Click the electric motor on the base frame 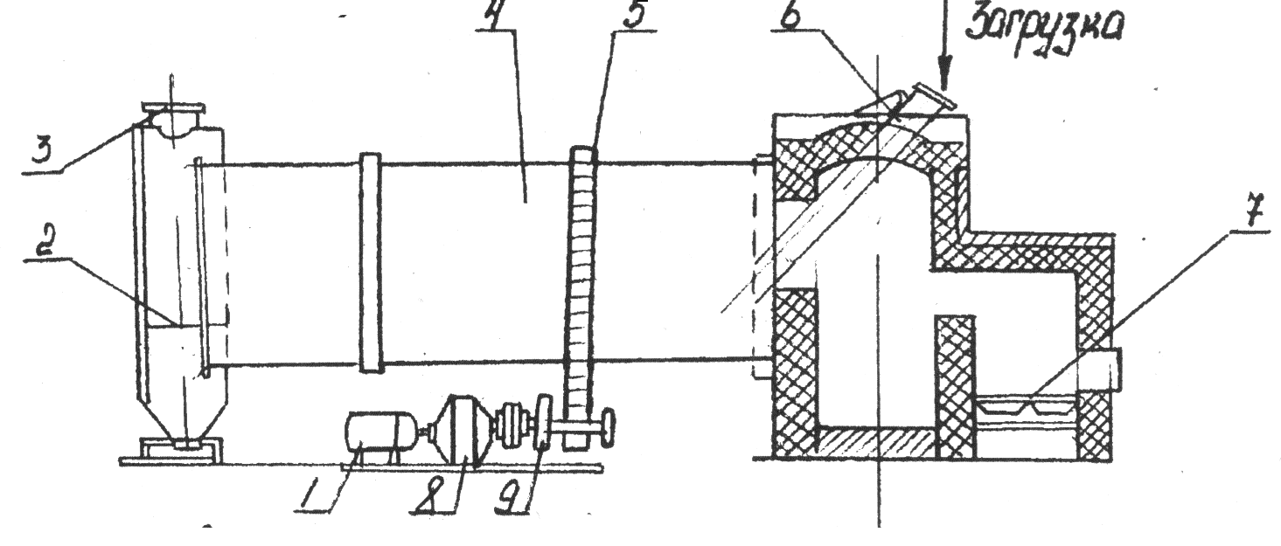coord(380,433)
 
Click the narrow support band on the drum coord(371,262)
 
